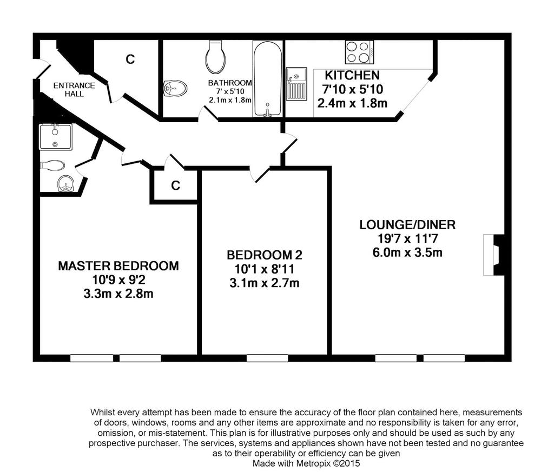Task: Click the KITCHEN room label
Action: pyautogui.click(x=352, y=75)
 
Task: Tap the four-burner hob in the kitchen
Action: pyautogui.click(x=359, y=52)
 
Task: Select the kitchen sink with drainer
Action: pyautogui.click(x=296, y=84)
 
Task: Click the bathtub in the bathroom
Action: pyautogui.click(x=267, y=79)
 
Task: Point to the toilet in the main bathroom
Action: pyautogui.click(x=215, y=56)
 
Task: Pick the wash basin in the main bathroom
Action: pyautogui.click(x=175, y=88)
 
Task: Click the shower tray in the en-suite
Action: pyautogui.click(x=56, y=136)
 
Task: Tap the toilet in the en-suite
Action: pyautogui.click(x=52, y=165)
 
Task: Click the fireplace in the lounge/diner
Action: pyautogui.click(x=493, y=255)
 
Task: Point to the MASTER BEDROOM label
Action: pyautogui.click(x=118, y=266)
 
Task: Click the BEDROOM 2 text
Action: pyautogui.click(x=264, y=255)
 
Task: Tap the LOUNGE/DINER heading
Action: pyautogui.click(x=407, y=225)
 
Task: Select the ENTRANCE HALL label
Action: pyautogui.click(x=74, y=90)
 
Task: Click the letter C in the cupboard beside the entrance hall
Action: pyautogui.click(x=130, y=59)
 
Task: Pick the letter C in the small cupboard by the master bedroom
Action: pyautogui.click(x=176, y=185)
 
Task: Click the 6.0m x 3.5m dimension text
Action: pyautogui.click(x=407, y=253)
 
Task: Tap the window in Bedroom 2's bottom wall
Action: pyautogui.click(x=267, y=358)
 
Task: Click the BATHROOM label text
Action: pyautogui.click(x=230, y=83)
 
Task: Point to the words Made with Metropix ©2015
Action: pyautogui.click(x=306, y=463)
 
